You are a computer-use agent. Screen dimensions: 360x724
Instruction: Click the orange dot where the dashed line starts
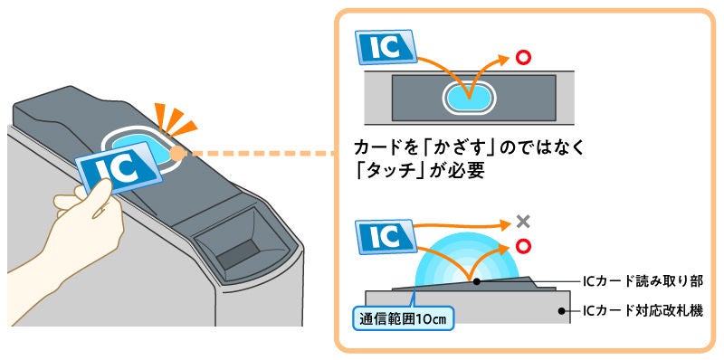(x=176, y=154)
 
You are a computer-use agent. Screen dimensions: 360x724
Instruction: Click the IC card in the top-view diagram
(x=384, y=48)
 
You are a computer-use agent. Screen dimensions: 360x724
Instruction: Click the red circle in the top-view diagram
(x=521, y=59)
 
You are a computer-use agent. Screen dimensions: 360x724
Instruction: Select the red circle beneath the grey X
(x=521, y=246)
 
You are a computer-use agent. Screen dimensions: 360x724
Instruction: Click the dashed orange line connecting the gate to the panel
(x=253, y=154)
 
